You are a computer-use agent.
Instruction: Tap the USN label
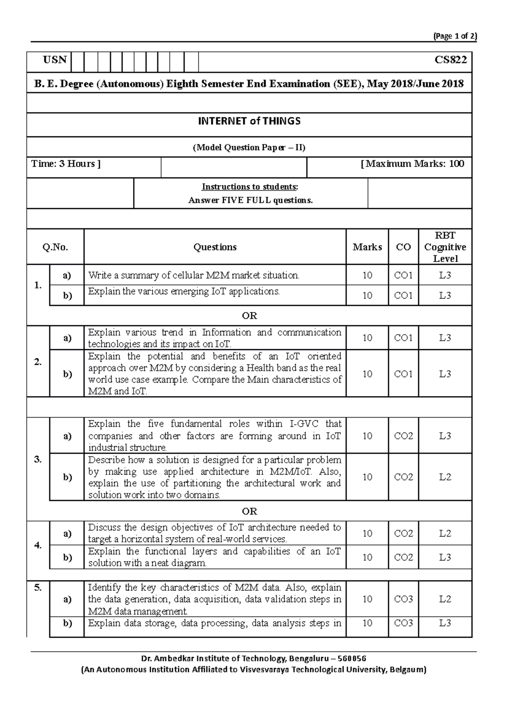tap(55, 60)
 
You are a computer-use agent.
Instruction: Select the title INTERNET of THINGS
tap(249, 122)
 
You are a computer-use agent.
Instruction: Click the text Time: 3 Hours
tap(65, 164)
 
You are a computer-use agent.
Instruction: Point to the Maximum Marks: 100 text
tap(413, 164)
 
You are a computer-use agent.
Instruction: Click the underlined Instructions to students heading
tap(250, 187)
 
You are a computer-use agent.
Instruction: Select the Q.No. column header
tap(55, 247)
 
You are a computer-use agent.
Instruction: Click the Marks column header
tap(367, 247)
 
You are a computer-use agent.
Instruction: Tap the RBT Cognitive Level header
tap(445, 247)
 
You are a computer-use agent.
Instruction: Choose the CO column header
tap(403, 247)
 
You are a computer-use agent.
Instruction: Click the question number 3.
tap(38, 459)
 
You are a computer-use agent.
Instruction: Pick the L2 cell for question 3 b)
tap(445, 477)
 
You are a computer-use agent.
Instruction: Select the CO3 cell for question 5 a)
tap(403, 599)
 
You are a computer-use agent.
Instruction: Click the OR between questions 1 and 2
tap(249, 316)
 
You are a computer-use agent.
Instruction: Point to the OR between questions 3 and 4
tap(249, 511)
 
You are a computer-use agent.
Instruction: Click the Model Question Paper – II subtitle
tap(249, 148)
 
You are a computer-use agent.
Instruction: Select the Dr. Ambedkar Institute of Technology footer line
tap(254, 659)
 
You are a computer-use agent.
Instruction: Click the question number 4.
tap(38, 545)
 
